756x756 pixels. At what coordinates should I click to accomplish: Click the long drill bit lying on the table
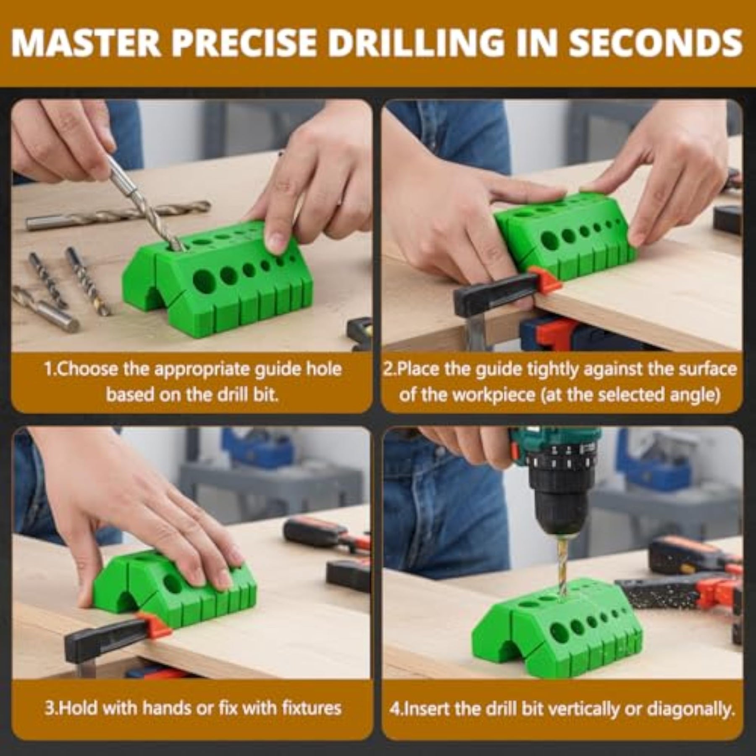coord(118,215)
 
